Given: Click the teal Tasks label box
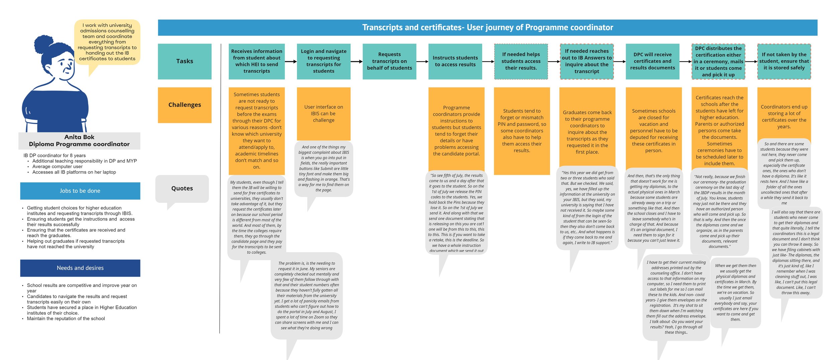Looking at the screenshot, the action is point(185,61).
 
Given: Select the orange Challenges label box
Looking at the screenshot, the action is point(185,105).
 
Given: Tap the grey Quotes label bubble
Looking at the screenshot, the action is point(182,188).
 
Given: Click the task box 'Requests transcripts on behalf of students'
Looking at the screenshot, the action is point(389,61).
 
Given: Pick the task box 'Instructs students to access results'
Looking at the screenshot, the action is point(455,61).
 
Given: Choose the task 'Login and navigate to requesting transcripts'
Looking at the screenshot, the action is point(323,61).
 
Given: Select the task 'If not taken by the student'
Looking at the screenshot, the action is point(784,61).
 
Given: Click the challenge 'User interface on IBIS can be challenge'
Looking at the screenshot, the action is point(323,113).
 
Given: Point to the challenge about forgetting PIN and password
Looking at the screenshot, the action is point(522,130).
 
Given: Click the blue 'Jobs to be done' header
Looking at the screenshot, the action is point(80,191).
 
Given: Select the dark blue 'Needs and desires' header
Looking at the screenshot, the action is point(80,268).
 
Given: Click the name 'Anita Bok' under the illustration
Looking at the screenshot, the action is point(79,137).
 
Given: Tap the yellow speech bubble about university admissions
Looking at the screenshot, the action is point(107,42).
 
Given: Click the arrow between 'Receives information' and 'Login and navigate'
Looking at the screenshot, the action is point(291,62).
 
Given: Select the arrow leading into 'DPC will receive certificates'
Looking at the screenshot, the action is point(619,62).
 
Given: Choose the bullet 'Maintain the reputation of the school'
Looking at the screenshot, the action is point(66,319).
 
